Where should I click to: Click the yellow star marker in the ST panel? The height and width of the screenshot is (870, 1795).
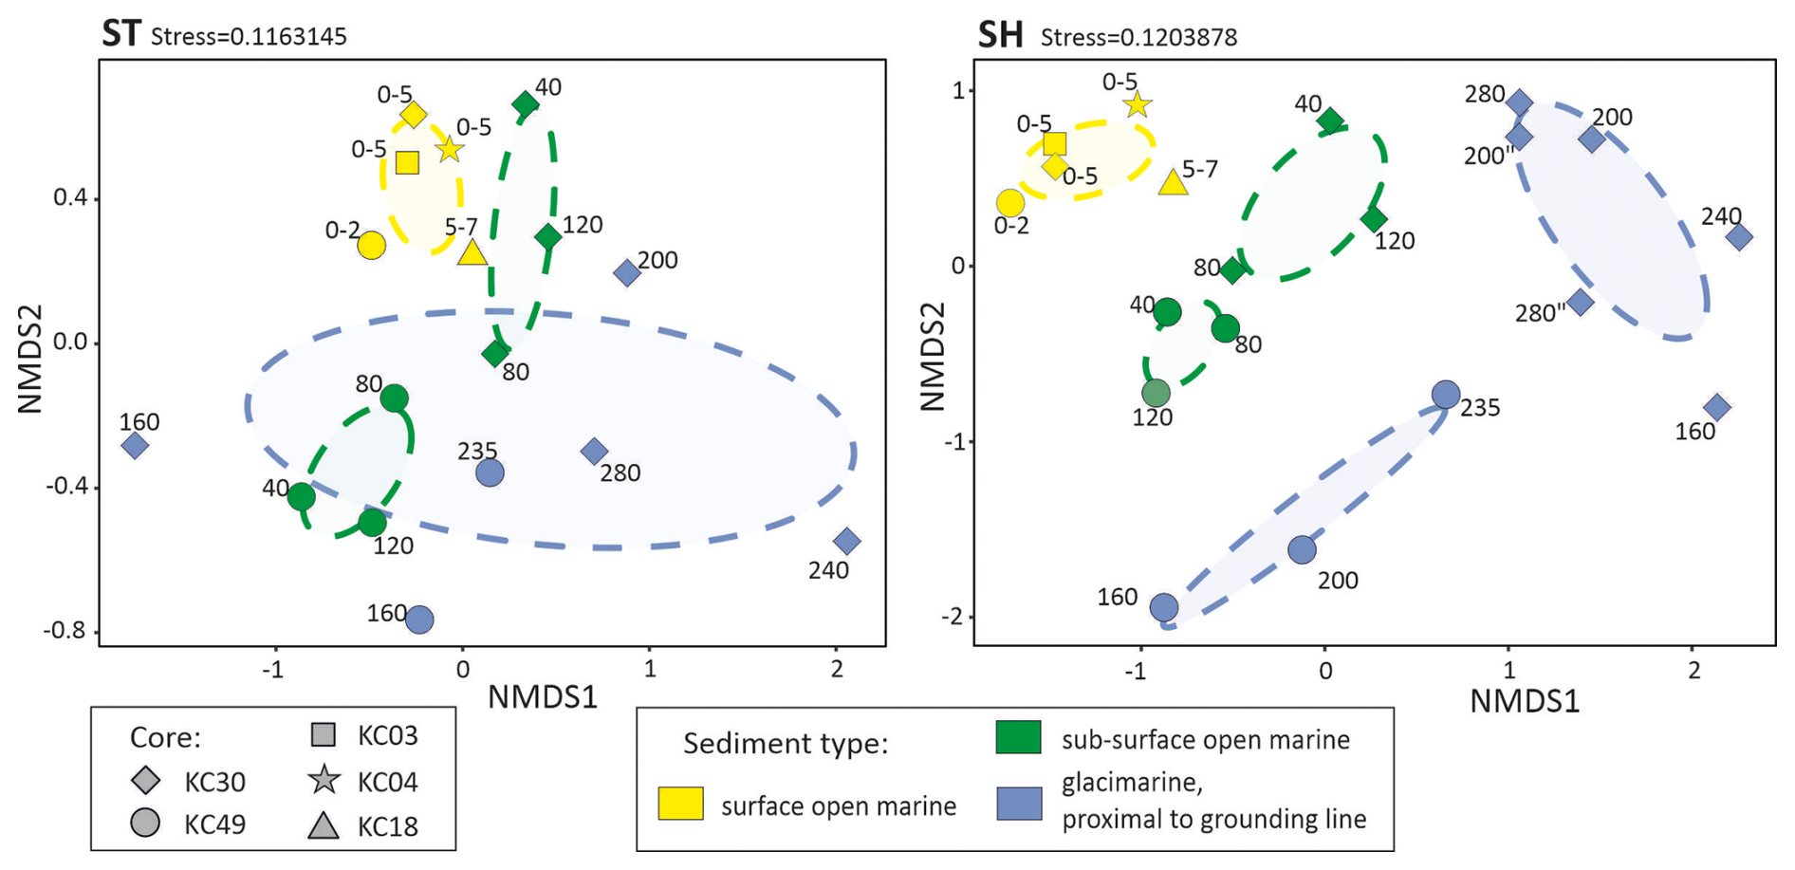pyautogui.click(x=449, y=149)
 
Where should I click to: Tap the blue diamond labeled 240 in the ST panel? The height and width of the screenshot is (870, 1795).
pyautogui.click(x=847, y=542)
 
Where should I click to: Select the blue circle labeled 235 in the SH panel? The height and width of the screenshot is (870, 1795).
pyautogui.click(x=1445, y=394)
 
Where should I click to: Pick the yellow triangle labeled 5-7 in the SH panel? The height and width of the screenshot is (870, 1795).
pyautogui.click(x=1174, y=182)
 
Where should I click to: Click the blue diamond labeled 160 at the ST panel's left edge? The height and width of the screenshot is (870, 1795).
pyautogui.click(x=135, y=445)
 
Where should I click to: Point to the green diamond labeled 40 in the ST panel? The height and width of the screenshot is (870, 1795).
pyautogui.click(x=525, y=104)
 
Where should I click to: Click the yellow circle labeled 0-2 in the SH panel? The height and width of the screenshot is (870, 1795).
pyautogui.click(x=1010, y=203)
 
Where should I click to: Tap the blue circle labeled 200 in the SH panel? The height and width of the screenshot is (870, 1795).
pyautogui.click(x=1302, y=548)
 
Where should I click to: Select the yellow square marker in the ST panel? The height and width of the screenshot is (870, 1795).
pyautogui.click(x=407, y=162)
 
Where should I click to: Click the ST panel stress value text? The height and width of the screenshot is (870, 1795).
pyautogui.click(x=249, y=37)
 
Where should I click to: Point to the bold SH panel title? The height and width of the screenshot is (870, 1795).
pyautogui.click(x=1000, y=35)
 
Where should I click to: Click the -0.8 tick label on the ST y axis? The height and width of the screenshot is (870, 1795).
pyautogui.click(x=65, y=630)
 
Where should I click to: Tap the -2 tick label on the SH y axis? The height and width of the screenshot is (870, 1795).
pyautogui.click(x=952, y=617)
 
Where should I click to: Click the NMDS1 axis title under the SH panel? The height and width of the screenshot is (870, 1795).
pyautogui.click(x=1525, y=701)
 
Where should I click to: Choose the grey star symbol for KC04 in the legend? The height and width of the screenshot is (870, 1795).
pyautogui.click(x=324, y=780)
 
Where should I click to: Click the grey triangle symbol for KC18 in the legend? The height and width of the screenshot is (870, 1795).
pyautogui.click(x=324, y=825)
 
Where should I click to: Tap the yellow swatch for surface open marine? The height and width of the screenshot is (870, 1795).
pyautogui.click(x=680, y=804)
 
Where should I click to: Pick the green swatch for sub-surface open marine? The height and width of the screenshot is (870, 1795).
pyautogui.click(x=1018, y=737)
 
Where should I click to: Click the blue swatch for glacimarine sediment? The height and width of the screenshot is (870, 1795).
pyautogui.click(x=1019, y=804)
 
